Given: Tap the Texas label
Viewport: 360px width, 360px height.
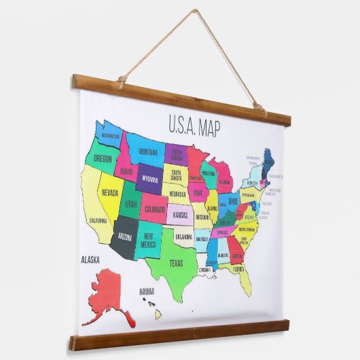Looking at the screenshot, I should click(175, 263).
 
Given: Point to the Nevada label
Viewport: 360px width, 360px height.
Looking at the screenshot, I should click(110, 192).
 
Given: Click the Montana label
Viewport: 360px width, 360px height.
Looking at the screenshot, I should click(147, 153).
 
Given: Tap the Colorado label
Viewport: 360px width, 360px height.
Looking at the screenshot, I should click(154, 209).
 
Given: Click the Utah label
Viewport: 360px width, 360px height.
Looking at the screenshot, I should click(130, 204).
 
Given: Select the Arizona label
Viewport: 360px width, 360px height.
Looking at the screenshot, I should click(124, 237).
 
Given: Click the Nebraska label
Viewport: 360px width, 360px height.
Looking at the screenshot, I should click(177, 194).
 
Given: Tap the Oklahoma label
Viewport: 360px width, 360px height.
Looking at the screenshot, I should click(183, 238).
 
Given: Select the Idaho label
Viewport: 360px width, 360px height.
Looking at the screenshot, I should click(126, 172).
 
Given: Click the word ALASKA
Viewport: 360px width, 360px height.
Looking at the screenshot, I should click(90, 259).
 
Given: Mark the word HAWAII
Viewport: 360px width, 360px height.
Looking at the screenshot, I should click(147, 291).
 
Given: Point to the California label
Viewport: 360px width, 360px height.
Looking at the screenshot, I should click(98, 221).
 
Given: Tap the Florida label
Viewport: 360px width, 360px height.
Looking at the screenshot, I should click(238, 269).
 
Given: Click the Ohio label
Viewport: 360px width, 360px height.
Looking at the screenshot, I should click(232, 202).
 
